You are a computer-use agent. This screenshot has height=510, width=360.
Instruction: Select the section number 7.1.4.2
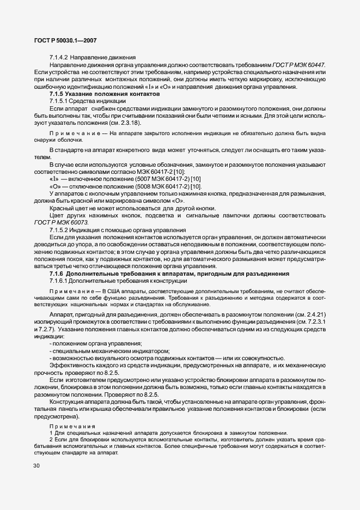(x=58, y=58)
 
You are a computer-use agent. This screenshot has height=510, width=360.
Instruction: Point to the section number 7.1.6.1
(x=58, y=281)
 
